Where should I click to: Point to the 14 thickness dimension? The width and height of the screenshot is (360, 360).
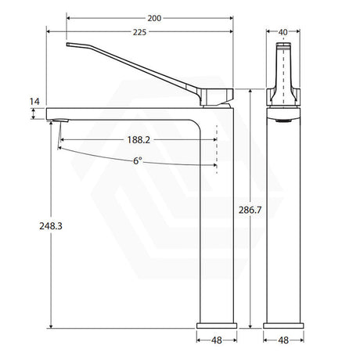(x=34, y=101)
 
